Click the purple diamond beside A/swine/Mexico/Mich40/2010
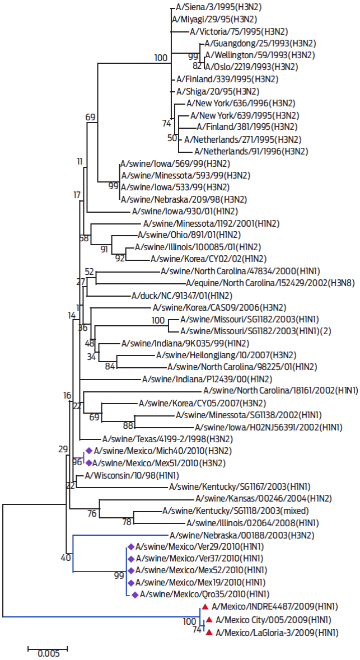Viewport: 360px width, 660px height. click(x=88, y=451)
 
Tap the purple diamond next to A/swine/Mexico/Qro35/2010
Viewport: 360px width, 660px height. click(x=134, y=594)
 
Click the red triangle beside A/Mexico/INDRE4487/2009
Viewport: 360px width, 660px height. click(x=205, y=607)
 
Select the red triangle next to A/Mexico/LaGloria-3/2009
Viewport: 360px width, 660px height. click(x=209, y=633)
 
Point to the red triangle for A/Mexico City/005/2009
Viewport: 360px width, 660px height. click(x=209, y=620)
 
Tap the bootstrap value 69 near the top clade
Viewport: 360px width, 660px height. click(x=91, y=116)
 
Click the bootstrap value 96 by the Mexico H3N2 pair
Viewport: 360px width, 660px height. click(x=77, y=462)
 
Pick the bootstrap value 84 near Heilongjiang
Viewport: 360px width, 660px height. click(x=110, y=367)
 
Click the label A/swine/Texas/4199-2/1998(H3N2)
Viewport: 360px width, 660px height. click(x=159, y=439)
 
